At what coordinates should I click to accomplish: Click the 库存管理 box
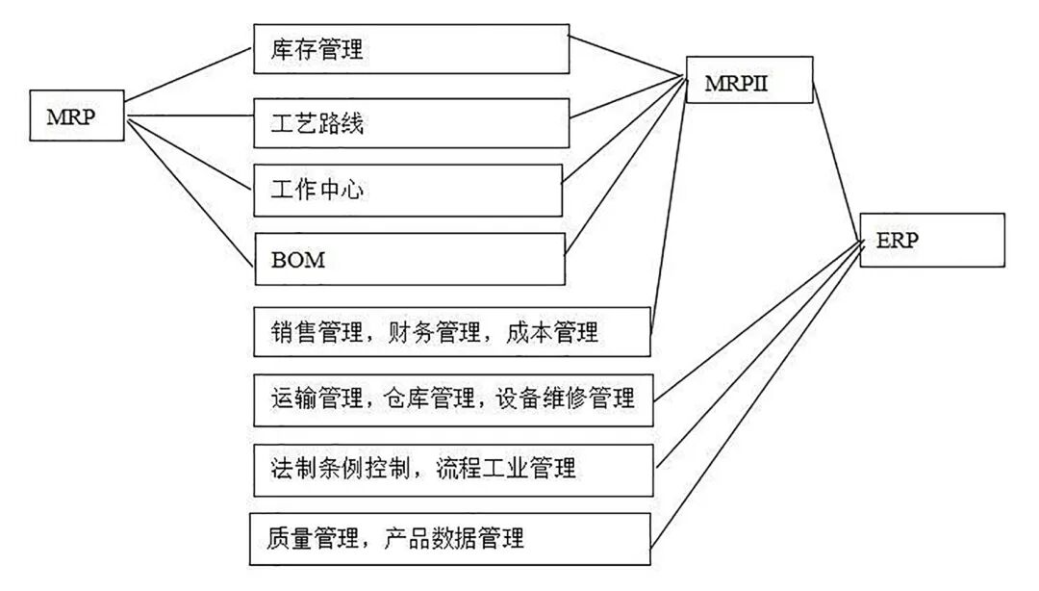(411, 49)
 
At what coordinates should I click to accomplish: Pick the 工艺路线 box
(411, 122)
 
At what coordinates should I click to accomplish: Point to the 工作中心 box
(408, 190)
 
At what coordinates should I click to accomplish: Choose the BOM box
(410, 259)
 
